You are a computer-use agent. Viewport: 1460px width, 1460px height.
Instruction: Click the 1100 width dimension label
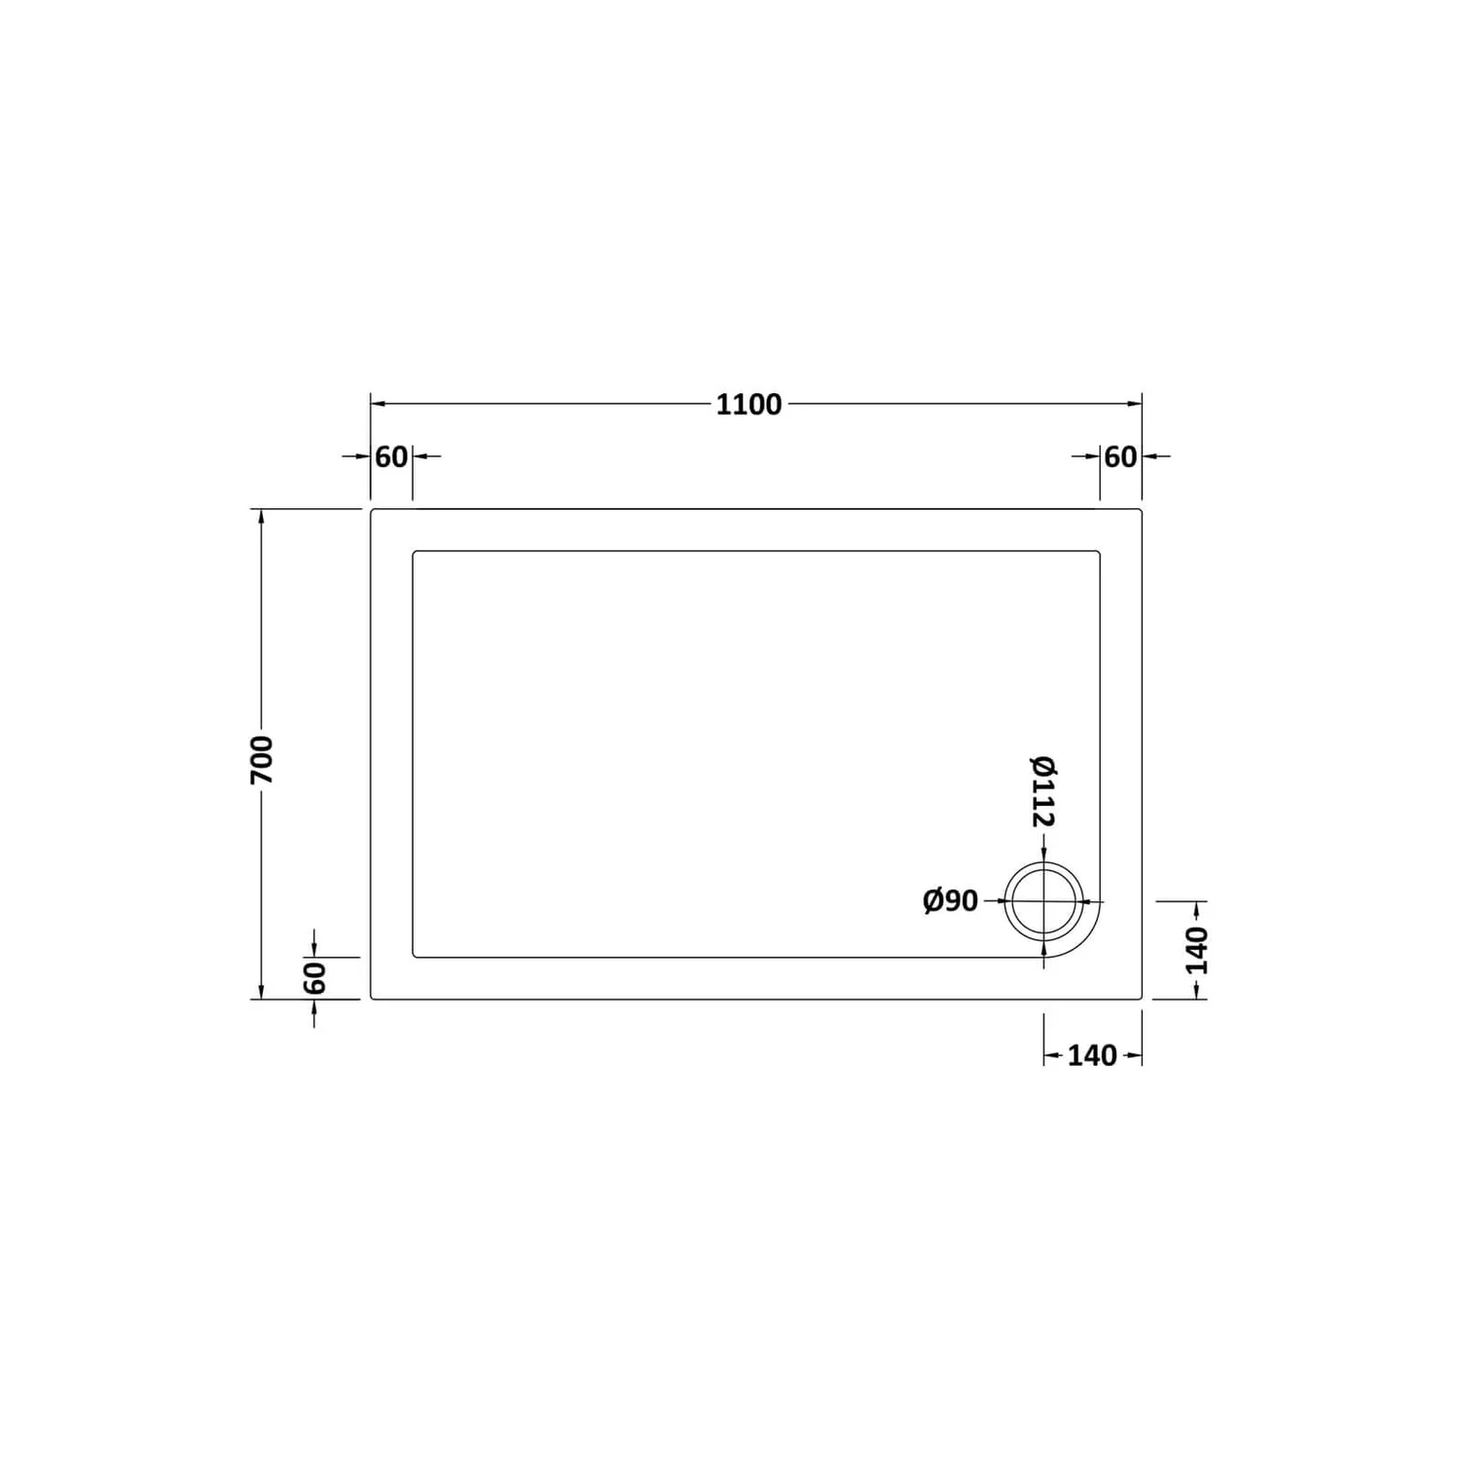(748, 404)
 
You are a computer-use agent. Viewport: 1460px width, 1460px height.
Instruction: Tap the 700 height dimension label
(262, 760)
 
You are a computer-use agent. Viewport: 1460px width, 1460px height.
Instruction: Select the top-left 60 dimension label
(391, 456)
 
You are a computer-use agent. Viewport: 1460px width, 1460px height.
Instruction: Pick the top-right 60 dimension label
(1120, 456)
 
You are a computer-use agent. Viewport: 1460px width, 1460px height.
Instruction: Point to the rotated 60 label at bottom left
(314, 977)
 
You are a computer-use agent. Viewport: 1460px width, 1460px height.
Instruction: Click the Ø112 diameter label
(1043, 791)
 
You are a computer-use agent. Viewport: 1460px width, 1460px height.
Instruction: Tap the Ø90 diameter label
(950, 901)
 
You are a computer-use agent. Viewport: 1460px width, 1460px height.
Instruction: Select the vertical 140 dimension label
(1196, 951)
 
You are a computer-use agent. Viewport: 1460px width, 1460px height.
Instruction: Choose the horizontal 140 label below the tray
(1092, 1056)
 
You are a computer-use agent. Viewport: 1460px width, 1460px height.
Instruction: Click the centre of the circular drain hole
(1043, 901)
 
